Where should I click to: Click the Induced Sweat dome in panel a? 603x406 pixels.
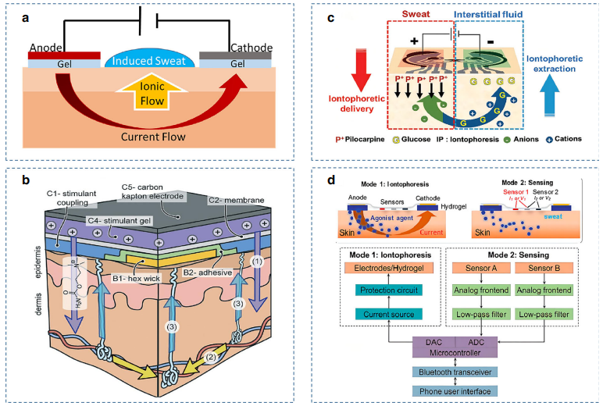tap(149, 61)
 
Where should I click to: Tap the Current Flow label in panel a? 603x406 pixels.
tap(149, 138)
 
